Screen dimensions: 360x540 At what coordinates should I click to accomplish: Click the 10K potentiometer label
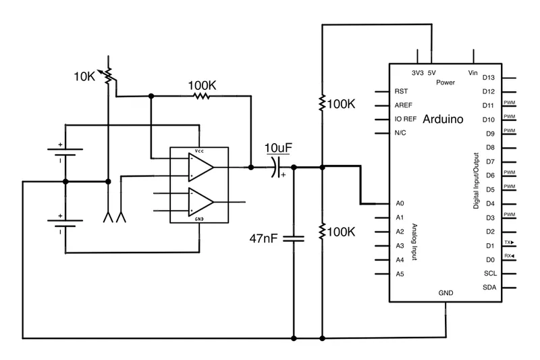click(85, 76)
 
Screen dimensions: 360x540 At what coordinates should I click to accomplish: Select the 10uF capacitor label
click(278, 148)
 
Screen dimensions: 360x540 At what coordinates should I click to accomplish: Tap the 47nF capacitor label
click(263, 238)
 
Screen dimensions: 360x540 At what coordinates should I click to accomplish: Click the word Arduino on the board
click(443, 120)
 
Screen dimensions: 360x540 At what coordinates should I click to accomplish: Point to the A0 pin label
click(400, 203)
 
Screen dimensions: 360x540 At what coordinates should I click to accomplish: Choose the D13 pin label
click(489, 78)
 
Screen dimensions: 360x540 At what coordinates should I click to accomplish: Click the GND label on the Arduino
click(446, 293)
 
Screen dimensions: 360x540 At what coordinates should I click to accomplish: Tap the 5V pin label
click(432, 73)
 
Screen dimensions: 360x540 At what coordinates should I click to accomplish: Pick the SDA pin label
click(490, 288)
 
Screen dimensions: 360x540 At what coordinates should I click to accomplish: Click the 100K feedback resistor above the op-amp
click(200, 97)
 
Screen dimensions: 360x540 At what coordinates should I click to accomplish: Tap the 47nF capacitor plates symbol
click(294, 238)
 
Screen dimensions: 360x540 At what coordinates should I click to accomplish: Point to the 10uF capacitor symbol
click(275, 167)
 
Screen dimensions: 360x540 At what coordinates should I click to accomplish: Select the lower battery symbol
click(65, 224)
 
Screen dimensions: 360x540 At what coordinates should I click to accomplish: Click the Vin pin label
click(473, 73)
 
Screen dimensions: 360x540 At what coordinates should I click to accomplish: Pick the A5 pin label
click(400, 274)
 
